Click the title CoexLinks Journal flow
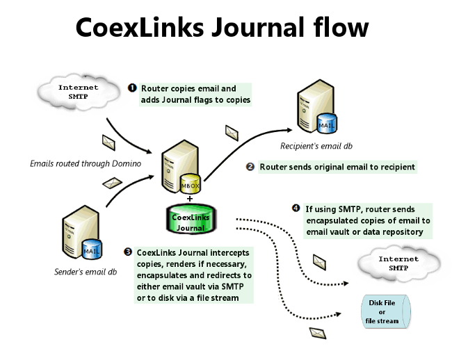tap(222, 27)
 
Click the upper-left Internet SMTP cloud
tap(78, 93)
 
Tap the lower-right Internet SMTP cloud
tap(398, 263)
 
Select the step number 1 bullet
tap(132, 89)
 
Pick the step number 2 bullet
tap(250, 167)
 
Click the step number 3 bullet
tap(128, 252)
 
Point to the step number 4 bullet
tap(296, 208)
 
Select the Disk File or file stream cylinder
tap(382, 311)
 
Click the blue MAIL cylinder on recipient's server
tap(325, 124)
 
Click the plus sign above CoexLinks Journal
tap(189, 198)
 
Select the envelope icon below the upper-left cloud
tap(109, 141)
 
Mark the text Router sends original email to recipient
tap(337, 167)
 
